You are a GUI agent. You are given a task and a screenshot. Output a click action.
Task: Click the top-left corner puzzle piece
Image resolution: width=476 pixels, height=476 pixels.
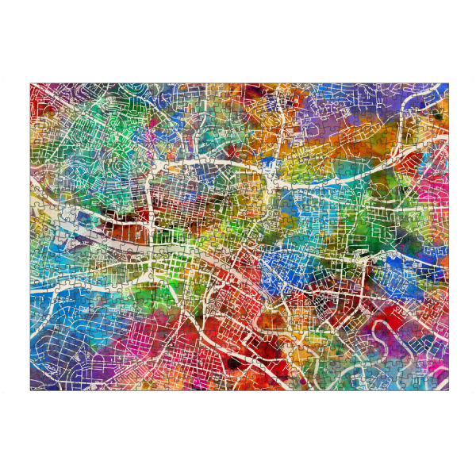[x=37, y=90]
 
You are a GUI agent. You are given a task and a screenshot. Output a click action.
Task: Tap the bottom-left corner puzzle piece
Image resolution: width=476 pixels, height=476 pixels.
[x=37, y=382]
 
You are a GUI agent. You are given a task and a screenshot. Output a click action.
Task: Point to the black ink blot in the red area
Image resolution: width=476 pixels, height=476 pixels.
[x=233, y=363]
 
